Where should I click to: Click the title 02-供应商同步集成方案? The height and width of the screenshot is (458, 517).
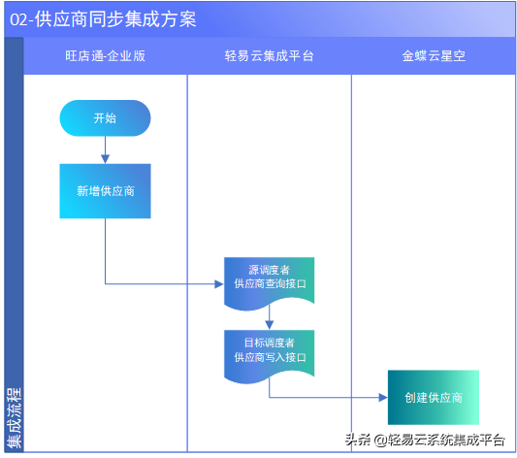coord(102,19)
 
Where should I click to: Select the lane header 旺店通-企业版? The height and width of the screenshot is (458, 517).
coord(105,56)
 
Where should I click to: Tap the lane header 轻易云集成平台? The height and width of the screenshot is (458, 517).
coord(269,56)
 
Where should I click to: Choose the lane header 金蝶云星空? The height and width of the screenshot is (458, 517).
coord(434,56)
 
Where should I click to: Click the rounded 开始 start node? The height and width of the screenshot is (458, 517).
coord(105,118)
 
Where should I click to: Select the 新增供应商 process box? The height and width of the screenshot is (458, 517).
coord(105,191)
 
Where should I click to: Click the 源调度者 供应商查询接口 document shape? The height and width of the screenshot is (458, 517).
coord(269,277)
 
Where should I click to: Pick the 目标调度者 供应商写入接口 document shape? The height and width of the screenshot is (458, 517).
coord(269,350)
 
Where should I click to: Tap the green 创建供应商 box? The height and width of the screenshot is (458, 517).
coord(433,398)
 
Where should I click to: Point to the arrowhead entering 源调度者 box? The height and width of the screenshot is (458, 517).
coord(218,284)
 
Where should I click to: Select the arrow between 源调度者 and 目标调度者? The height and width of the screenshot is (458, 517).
coord(269,318)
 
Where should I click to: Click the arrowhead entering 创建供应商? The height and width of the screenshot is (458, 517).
coord(382,398)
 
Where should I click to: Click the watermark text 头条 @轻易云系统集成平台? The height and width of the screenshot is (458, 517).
coord(425,440)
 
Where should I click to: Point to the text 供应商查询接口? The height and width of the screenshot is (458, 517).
coord(269,284)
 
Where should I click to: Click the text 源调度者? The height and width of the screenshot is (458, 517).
coord(269,269)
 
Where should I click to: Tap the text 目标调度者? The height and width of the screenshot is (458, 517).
coord(269,343)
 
